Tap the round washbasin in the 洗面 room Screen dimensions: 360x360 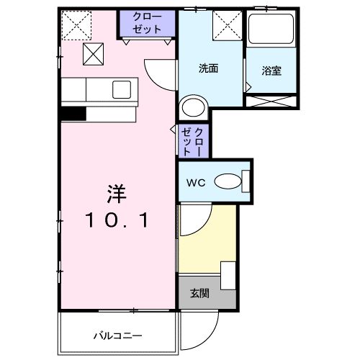[193, 108]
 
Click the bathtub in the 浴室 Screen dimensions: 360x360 [272, 30]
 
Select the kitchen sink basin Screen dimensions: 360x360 [120, 89]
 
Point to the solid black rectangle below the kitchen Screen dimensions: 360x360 [73, 113]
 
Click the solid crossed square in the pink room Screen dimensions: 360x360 [92, 53]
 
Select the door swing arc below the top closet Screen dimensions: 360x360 [160, 72]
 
